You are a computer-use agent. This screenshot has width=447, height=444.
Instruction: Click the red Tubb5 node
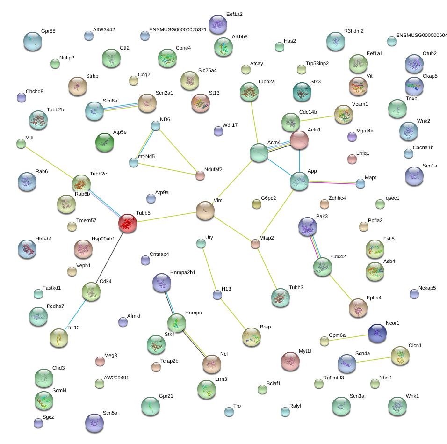pos(128,223)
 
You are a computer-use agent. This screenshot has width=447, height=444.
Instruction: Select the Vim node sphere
pos(205,211)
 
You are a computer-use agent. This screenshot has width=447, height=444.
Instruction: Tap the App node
pos(299,182)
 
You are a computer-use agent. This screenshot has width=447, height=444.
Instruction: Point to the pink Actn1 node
pos(299,140)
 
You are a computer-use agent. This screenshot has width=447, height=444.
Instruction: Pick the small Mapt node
pos(360,184)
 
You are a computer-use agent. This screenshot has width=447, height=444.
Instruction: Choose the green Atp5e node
pos(105,142)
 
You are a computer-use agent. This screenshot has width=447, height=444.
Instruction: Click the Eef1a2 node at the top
pos(218,24)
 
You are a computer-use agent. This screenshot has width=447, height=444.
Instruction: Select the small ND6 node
pos(155,125)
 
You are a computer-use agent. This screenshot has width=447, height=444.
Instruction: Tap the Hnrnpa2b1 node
pos(162,283)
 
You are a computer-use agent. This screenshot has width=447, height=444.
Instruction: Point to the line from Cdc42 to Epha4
pos(341,288)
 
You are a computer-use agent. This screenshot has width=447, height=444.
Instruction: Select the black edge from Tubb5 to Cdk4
pos(109,257)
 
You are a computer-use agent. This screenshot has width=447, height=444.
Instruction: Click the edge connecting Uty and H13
pos(209,269)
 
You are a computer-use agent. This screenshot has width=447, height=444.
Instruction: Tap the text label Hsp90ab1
pos(103,239)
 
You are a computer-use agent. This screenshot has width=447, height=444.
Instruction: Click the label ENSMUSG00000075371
pos(178,29)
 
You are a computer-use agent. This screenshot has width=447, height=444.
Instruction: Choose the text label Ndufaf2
pos(213,170)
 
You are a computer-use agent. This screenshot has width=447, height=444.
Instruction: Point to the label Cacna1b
pos(423,147)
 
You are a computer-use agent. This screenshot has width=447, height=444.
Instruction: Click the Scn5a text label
pos(110,413)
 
